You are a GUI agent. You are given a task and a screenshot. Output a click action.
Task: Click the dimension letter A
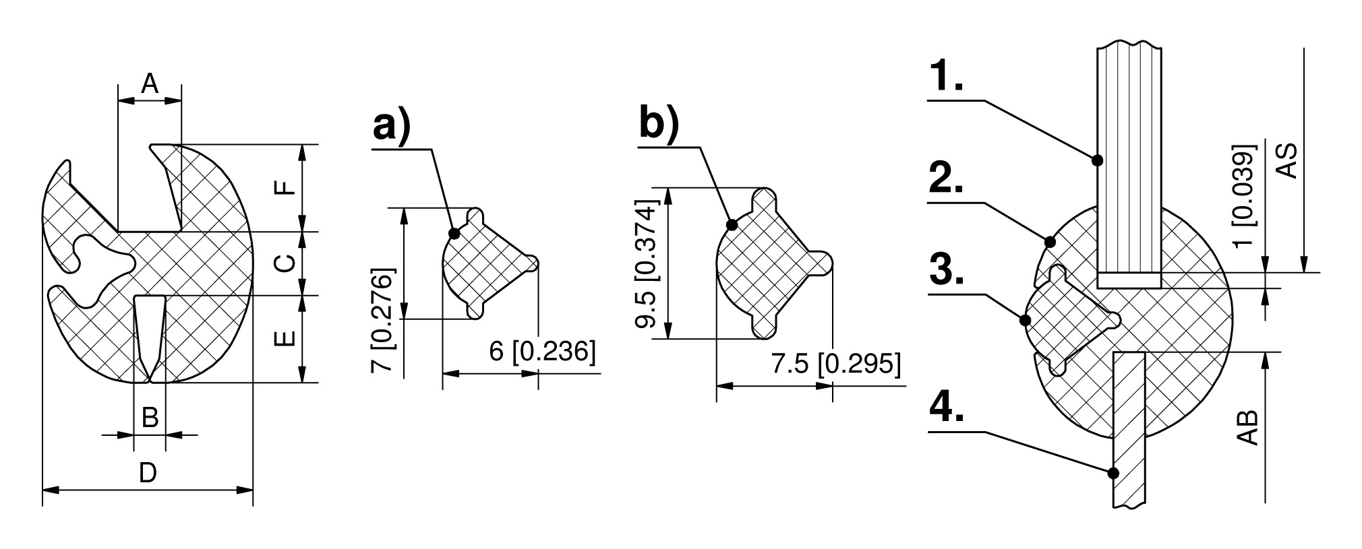pos(150,84)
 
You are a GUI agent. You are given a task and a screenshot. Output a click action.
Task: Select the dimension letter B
pos(150,418)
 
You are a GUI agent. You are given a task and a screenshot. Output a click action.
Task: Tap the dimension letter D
pos(148,473)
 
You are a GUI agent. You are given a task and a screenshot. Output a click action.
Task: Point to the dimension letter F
pos(287,187)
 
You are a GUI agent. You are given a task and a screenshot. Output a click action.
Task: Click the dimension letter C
pos(287,262)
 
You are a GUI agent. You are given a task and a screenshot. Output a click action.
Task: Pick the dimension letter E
pos(287,337)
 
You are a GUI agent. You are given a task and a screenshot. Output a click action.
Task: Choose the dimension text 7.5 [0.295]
pos(835,364)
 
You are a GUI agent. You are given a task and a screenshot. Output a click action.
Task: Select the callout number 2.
pos(946,176)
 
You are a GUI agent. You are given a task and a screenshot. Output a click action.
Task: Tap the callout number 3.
pos(946,270)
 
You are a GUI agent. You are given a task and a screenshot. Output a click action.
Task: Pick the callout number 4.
pos(946,406)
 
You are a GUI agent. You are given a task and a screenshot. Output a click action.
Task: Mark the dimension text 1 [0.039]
pos(1245,195)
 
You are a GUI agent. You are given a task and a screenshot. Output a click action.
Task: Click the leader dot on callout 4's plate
pos(1113,473)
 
